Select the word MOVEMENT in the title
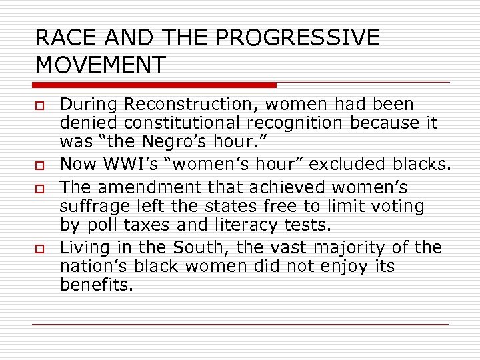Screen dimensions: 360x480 [100, 65]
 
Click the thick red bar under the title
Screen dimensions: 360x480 [154, 85]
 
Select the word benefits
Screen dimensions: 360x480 [96, 285]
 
